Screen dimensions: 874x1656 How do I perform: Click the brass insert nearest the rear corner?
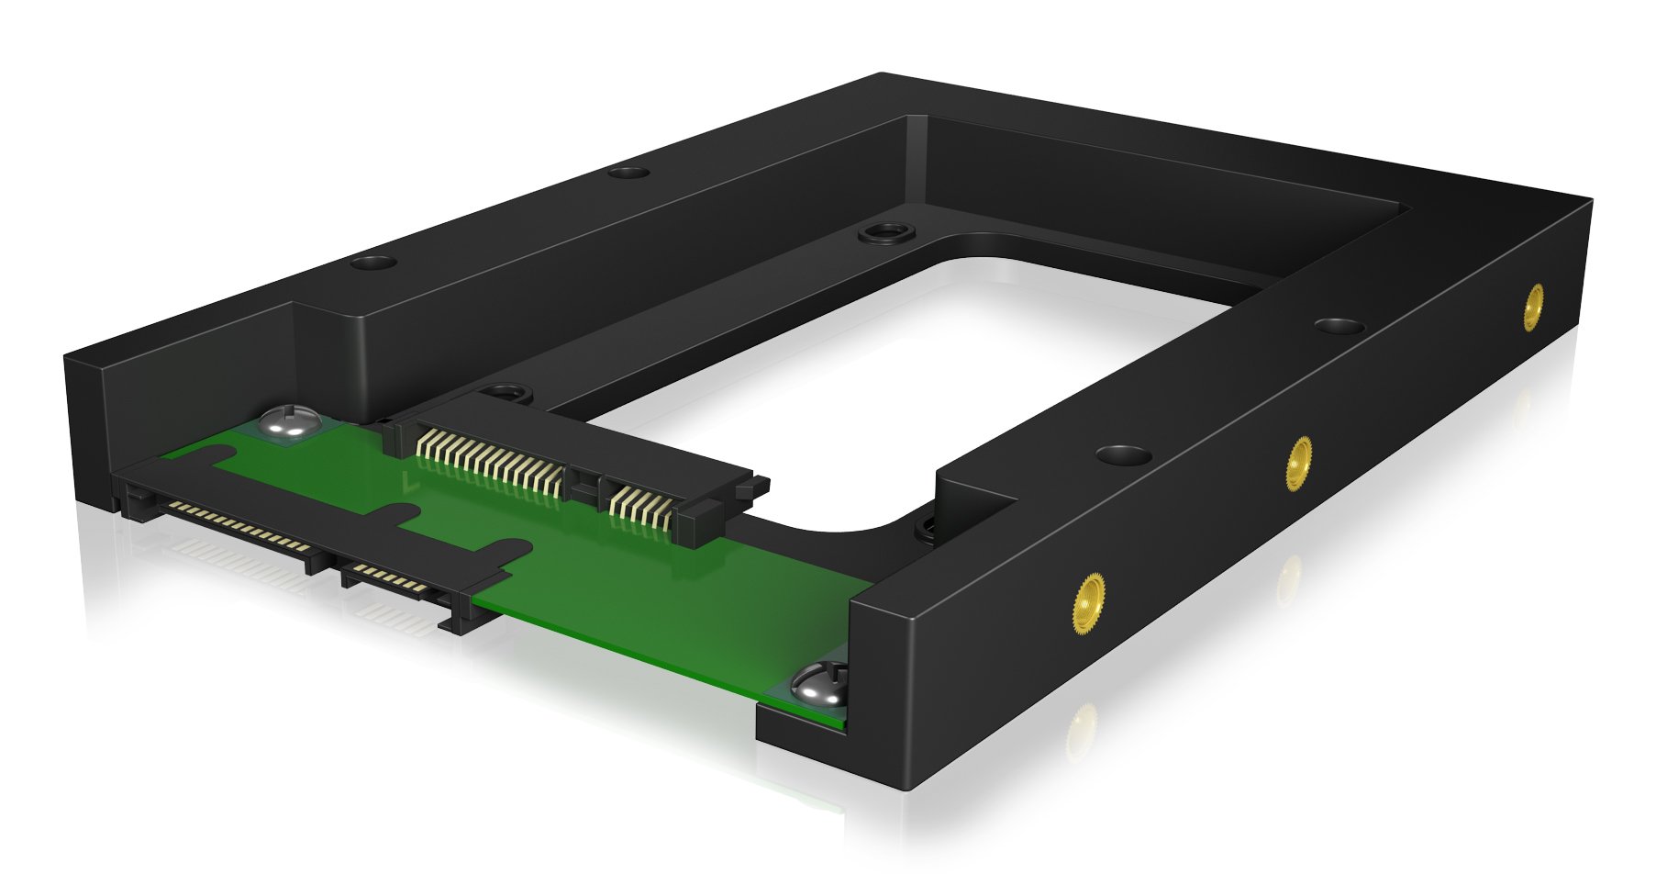[x=1532, y=307]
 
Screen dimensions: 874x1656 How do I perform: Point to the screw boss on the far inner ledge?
[x=885, y=233]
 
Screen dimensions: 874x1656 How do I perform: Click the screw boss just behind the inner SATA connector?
[x=502, y=394]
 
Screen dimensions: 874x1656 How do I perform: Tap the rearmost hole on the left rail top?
[x=628, y=172]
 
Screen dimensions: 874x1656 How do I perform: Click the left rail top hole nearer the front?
[x=372, y=263]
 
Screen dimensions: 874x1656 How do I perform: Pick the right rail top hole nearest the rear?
[x=1339, y=326]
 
